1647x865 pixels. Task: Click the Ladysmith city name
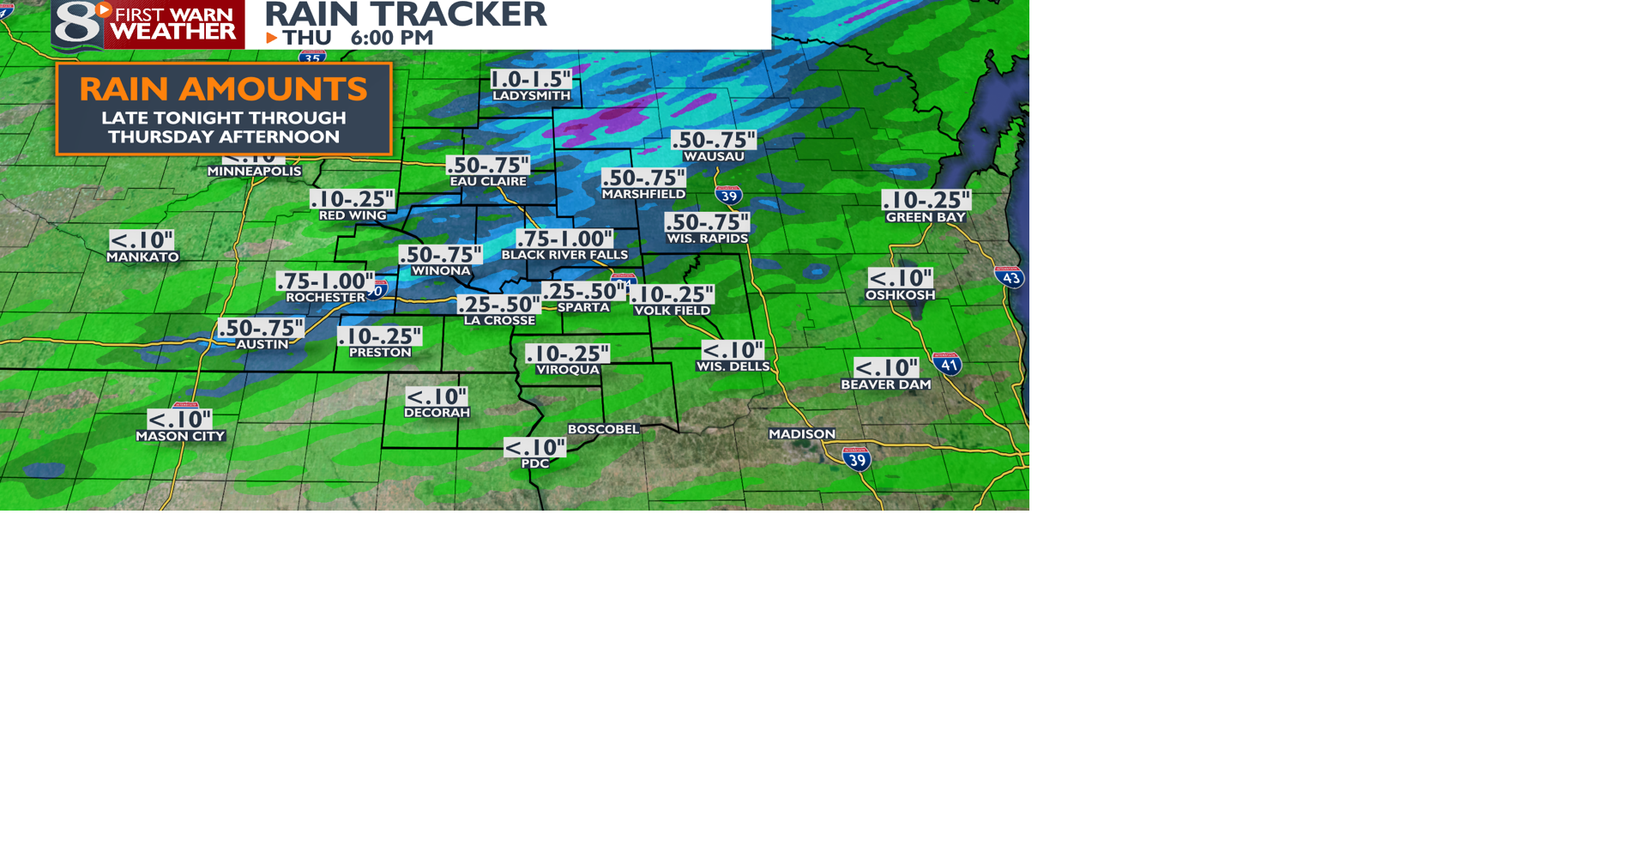[x=531, y=95]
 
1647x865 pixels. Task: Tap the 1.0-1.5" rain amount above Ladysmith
[x=531, y=79]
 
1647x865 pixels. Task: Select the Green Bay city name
[x=926, y=217]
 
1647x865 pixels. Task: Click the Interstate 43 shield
[x=1010, y=276]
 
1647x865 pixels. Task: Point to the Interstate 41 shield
[x=948, y=364]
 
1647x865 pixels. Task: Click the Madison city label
[x=801, y=434]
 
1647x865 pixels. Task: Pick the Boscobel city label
[x=603, y=429]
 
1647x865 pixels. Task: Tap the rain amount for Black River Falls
[x=564, y=239]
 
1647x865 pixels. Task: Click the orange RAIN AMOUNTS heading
[x=223, y=89]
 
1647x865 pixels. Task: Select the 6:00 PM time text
[x=392, y=38]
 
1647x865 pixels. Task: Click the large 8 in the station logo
[x=77, y=23]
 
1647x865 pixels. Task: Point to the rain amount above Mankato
[x=142, y=240]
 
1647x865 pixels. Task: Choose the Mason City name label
[x=180, y=436]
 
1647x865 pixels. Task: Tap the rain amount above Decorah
[x=437, y=396]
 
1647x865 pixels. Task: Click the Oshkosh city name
[x=900, y=295]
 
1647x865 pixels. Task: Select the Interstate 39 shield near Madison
[x=857, y=459]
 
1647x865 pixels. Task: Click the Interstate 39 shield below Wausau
[x=728, y=195]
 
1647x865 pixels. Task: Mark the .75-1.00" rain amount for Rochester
[x=325, y=281]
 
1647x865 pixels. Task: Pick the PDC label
[x=534, y=463]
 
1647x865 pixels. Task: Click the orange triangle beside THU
[x=272, y=38]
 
